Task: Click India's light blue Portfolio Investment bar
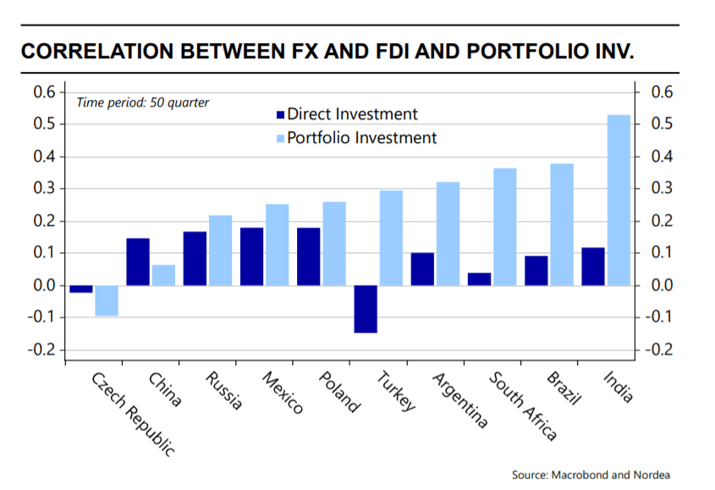619,200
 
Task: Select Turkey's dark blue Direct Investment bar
366,309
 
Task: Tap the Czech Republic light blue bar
106,300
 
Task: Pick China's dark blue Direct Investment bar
137,262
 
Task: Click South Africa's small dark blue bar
479,278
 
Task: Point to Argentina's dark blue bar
422,269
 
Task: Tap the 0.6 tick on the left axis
44,92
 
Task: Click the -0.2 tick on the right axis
658,350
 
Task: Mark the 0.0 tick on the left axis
44,286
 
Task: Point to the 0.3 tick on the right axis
658,189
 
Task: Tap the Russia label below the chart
224,390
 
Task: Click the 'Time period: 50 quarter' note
143,102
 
